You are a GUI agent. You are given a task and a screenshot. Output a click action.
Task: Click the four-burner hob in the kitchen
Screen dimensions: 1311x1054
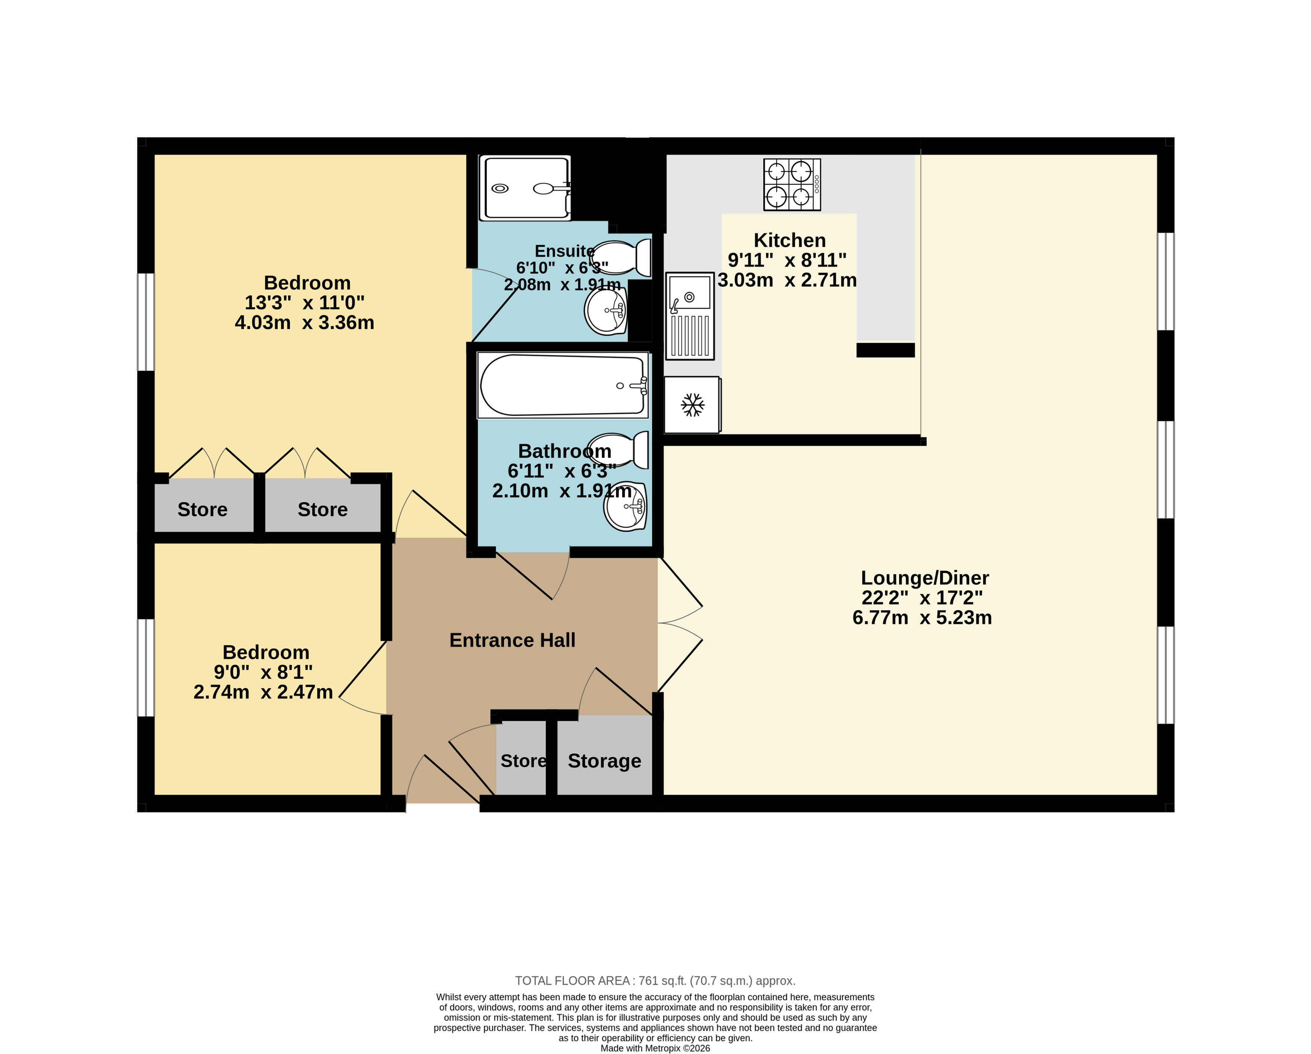(x=792, y=184)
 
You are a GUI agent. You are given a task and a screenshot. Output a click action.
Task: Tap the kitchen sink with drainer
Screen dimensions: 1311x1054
(x=690, y=316)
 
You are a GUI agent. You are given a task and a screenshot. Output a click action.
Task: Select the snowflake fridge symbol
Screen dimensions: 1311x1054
(x=692, y=405)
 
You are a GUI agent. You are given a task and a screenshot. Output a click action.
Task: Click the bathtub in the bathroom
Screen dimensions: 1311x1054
(x=563, y=385)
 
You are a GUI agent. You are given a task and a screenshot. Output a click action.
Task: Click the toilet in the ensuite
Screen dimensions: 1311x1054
(x=620, y=257)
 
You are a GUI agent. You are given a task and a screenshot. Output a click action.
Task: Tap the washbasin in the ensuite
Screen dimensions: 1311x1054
(x=606, y=310)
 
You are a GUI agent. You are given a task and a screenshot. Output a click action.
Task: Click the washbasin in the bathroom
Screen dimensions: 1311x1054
(x=625, y=506)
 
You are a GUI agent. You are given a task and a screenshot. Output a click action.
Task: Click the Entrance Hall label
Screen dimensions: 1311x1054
(x=512, y=640)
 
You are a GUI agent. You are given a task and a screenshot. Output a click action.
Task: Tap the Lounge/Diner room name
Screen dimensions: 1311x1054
(x=925, y=577)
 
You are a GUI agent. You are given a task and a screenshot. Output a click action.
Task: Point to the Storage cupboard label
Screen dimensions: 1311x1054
(x=604, y=761)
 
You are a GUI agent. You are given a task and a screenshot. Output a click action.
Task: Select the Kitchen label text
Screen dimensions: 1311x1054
(x=789, y=240)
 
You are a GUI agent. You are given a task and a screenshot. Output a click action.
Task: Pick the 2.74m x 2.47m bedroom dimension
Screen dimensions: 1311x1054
(x=263, y=692)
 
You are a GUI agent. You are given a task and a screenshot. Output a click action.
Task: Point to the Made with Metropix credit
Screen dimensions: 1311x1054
(x=655, y=1048)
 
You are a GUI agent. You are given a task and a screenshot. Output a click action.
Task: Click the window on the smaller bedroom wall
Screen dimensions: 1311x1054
(x=146, y=667)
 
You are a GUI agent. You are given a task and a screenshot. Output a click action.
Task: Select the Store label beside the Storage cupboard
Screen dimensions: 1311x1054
(x=523, y=761)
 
